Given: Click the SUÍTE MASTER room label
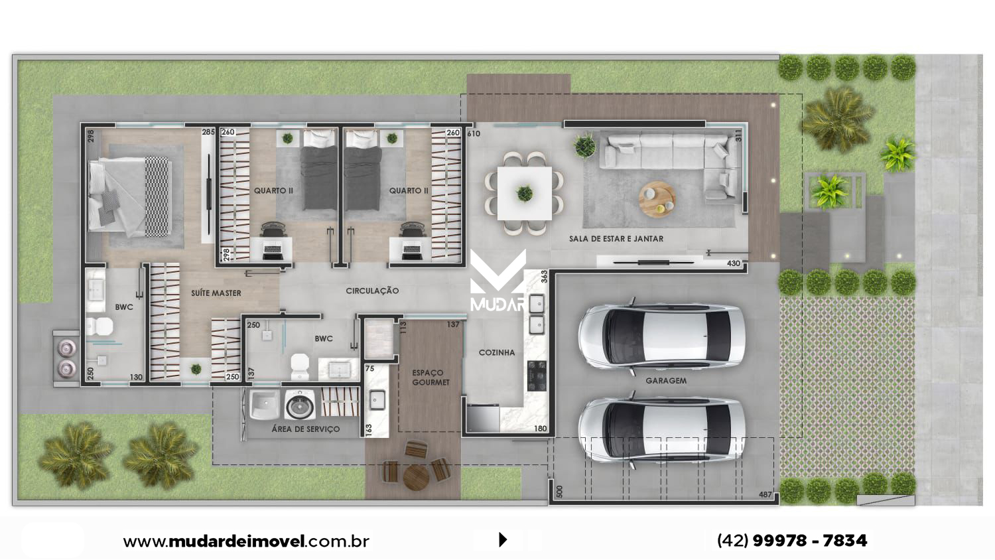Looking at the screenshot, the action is pos(216,293).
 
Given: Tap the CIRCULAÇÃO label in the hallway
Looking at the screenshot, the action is pos(372,291).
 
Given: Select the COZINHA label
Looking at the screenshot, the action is pos(497,352).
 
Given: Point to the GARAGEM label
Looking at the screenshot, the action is pos(666,381).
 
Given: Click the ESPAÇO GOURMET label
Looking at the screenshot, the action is pos(431,378).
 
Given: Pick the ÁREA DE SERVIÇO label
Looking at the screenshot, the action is pos(306,429).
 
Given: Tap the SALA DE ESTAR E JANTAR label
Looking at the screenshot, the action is pos(616,239).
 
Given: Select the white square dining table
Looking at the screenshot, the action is pos(525,193).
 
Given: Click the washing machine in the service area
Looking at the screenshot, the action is pos(300,405).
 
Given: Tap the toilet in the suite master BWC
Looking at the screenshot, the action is pos(99,326).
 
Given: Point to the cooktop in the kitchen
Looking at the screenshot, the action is pos(537,376).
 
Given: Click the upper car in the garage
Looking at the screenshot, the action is pos(661,336).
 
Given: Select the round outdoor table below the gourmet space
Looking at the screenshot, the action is pos(416,477).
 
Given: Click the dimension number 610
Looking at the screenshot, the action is pos(474,133).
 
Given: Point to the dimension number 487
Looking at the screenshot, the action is pos(765,495).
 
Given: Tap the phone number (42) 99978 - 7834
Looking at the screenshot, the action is pos(792,541).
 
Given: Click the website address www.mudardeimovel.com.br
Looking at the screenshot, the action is pos(246,541).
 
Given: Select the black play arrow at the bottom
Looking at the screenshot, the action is pos(503,539).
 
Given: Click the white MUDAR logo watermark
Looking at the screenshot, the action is pos(498,281).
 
